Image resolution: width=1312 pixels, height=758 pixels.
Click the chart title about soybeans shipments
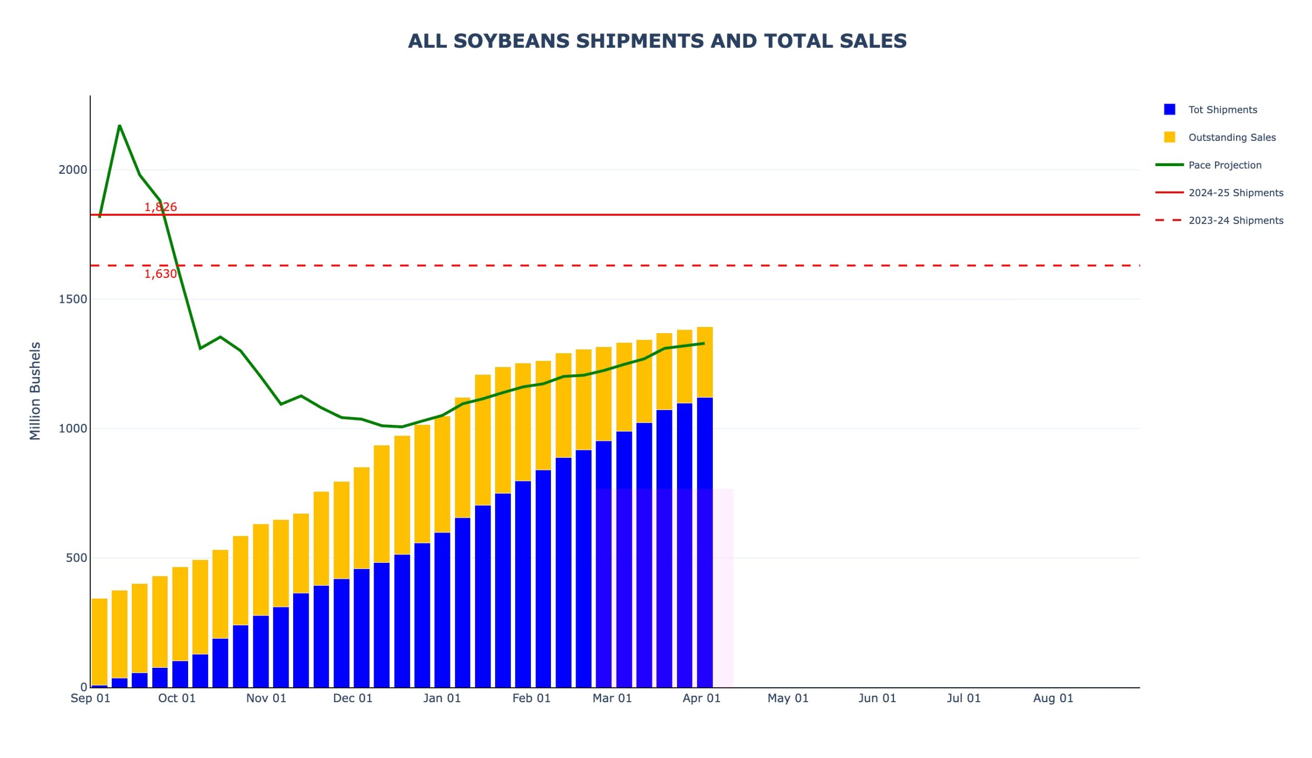[657, 41]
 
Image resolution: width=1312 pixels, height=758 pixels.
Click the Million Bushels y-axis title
[35, 391]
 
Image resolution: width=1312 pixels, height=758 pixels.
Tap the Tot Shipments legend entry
[1222, 110]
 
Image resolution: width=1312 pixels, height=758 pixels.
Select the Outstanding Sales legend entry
[1232, 137]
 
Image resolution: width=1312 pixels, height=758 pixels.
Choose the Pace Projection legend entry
[1224, 165]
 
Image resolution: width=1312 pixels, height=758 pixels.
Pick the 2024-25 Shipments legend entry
[1236, 193]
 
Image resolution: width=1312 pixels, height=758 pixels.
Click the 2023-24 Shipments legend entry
[1236, 220]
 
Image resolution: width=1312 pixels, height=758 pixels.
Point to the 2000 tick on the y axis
[73, 170]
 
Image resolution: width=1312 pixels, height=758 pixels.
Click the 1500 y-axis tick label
[73, 299]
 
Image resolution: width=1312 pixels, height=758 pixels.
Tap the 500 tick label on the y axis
[76, 558]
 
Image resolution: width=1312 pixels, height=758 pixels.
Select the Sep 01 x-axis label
[91, 698]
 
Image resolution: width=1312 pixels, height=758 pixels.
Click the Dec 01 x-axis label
[353, 698]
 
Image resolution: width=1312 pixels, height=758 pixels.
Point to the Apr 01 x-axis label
[702, 698]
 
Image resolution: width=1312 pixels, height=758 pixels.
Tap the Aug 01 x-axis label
[1053, 698]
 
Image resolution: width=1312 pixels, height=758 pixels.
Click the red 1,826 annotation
[160, 207]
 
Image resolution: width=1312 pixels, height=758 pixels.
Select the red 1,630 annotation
[160, 274]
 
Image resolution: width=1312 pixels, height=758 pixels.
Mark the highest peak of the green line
[120, 126]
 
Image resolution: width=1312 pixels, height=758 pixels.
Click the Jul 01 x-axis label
[963, 698]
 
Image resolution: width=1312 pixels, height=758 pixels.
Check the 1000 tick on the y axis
[73, 428]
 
